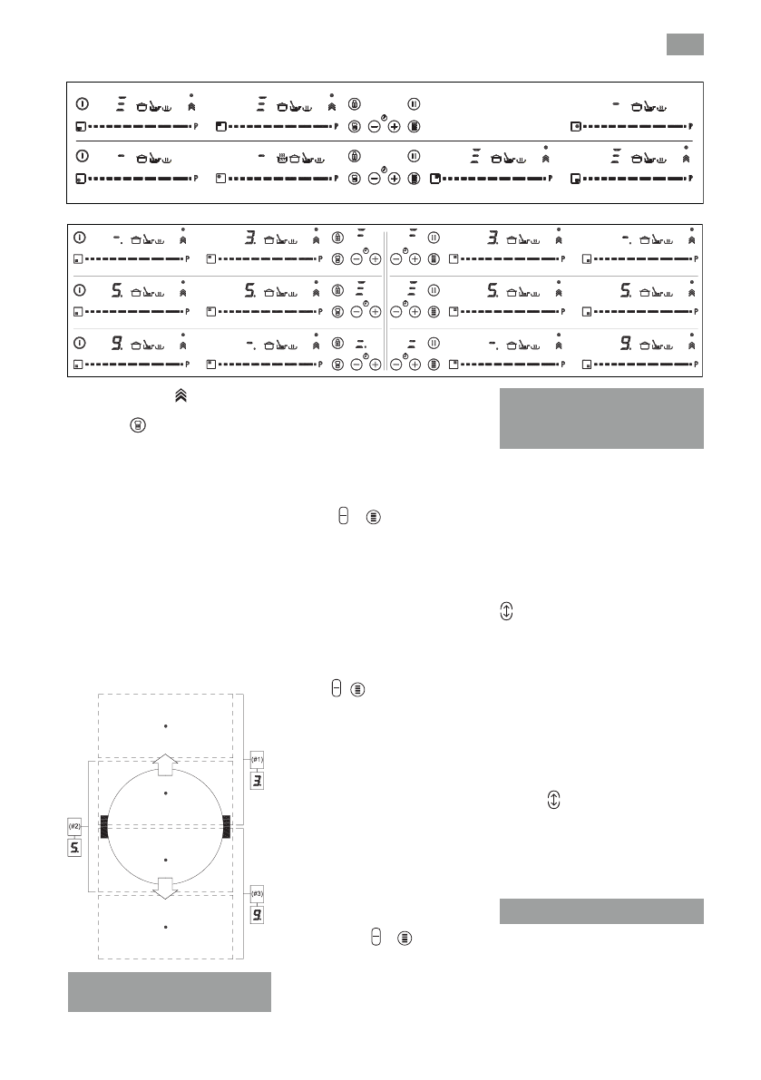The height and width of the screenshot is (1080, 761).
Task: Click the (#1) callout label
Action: tap(257, 758)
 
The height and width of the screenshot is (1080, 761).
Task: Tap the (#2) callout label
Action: tap(76, 827)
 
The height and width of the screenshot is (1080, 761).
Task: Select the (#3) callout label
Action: tap(258, 892)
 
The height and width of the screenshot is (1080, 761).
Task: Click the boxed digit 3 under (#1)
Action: tap(257, 779)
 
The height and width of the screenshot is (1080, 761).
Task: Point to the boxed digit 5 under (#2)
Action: tap(76, 849)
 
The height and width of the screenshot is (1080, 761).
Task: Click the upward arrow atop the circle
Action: tap(165, 764)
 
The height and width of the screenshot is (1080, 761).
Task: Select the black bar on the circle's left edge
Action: tap(104, 825)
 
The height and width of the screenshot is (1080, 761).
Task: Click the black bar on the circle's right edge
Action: tap(227, 825)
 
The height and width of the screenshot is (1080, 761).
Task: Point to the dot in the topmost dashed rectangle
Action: tap(166, 725)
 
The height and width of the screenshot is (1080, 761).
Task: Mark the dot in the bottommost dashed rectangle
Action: tap(166, 927)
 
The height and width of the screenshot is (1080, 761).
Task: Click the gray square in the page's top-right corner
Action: tap(685, 44)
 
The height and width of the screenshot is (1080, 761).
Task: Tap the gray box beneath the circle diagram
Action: tap(170, 991)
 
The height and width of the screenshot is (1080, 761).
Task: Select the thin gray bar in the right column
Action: tap(601, 911)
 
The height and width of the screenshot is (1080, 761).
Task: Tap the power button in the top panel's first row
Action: tap(81, 103)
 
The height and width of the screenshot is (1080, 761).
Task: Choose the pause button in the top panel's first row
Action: tap(414, 103)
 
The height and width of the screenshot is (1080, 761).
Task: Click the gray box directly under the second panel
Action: tap(601, 418)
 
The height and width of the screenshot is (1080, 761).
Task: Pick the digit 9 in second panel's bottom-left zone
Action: tap(117, 344)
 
